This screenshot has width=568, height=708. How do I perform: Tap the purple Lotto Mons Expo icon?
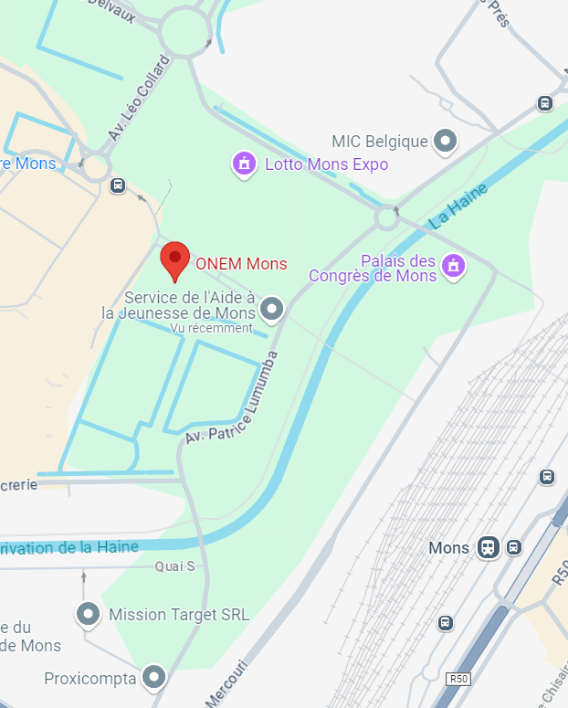coord(243,164)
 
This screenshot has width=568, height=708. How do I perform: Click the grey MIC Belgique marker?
coord(445,142)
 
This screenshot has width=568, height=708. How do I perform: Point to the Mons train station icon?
coord(489,547)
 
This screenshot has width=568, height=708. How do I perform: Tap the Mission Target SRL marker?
coord(89,615)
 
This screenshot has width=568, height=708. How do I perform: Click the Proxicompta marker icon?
coord(155,678)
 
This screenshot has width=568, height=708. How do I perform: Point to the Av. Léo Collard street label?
coord(138,99)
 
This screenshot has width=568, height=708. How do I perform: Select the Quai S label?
coord(174,566)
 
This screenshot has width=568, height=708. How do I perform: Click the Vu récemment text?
coord(211,328)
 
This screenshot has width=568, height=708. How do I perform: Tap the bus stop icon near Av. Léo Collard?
coord(117,185)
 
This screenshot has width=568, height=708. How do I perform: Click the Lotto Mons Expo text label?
coord(326,164)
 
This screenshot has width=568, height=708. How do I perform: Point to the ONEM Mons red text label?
coord(241,264)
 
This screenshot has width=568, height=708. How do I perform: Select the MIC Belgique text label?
coord(380,142)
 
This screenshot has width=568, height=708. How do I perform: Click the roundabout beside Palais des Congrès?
coord(387,217)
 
